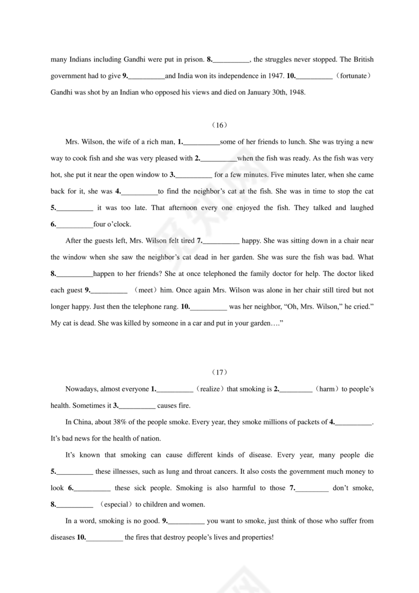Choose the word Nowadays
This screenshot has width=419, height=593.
point(82,389)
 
